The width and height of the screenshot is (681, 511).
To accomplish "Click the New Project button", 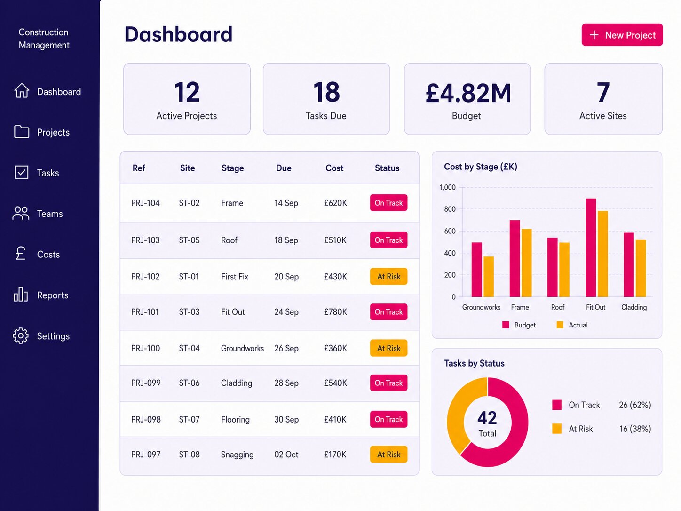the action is [x=622, y=35].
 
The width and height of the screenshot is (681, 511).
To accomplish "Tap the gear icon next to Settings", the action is [x=21, y=335].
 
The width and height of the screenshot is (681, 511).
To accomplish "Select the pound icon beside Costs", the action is [x=21, y=253].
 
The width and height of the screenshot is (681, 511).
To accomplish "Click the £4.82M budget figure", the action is [x=468, y=93].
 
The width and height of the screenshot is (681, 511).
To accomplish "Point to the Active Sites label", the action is [x=603, y=116].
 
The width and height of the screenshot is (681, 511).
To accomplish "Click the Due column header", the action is [x=284, y=168].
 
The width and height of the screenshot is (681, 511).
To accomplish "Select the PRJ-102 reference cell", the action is [x=145, y=277].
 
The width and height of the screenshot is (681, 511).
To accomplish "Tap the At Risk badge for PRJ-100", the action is [x=388, y=348].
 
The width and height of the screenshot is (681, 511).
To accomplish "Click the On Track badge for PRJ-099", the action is [x=388, y=383].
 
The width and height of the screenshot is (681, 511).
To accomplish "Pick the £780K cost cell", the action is [x=335, y=312].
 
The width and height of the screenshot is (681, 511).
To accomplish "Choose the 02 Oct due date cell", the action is [x=286, y=455].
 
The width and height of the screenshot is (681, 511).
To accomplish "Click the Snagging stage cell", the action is [x=237, y=455].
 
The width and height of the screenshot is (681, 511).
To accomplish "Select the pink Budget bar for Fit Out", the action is [x=591, y=248].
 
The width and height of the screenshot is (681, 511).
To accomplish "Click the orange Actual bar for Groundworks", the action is [x=489, y=277].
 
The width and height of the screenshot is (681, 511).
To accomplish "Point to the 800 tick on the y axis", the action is [x=450, y=209].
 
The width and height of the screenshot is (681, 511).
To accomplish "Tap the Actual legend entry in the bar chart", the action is [x=572, y=325].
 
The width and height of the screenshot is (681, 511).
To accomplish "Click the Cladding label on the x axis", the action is [x=634, y=307].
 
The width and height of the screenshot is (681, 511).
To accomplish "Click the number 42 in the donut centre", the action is [x=487, y=418].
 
